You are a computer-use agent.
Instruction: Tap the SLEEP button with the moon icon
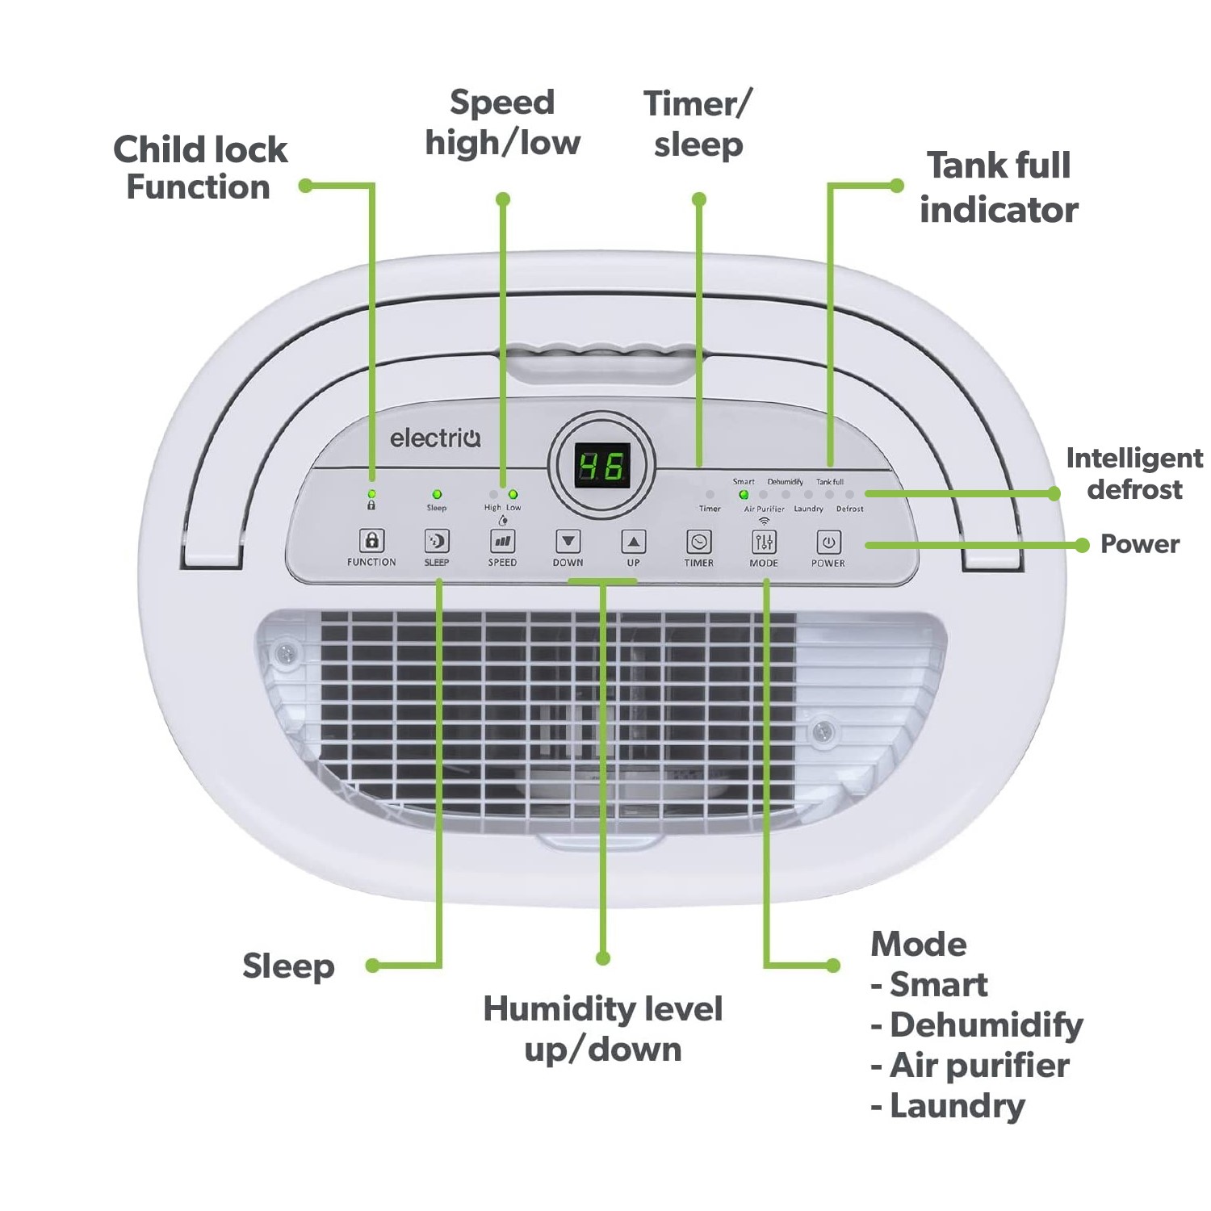[x=437, y=541]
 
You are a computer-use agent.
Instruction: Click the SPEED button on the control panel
[x=502, y=541]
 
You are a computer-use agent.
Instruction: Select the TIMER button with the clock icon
[x=698, y=542]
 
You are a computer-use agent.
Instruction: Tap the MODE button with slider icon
[x=764, y=542]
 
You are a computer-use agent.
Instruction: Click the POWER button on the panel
[x=828, y=542]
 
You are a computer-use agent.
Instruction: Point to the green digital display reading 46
[x=602, y=467]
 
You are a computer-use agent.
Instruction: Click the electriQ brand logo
[x=435, y=438]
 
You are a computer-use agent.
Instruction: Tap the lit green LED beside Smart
[x=744, y=495]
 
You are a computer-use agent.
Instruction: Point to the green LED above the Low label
[x=513, y=494]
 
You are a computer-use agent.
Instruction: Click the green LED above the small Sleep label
[x=437, y=494]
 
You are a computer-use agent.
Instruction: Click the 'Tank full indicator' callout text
[x=999, y=187]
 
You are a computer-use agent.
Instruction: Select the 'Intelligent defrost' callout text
[x=1133, y=473]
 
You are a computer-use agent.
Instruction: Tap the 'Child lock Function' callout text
[x=199, y=168]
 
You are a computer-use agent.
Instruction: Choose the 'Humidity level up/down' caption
[x=602, y=1029]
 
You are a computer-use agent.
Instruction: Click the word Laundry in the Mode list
[x=957, y=1106]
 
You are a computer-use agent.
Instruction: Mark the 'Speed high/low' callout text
[x=502, y=123]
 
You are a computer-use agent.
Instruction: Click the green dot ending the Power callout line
[x=1083, y=546]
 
